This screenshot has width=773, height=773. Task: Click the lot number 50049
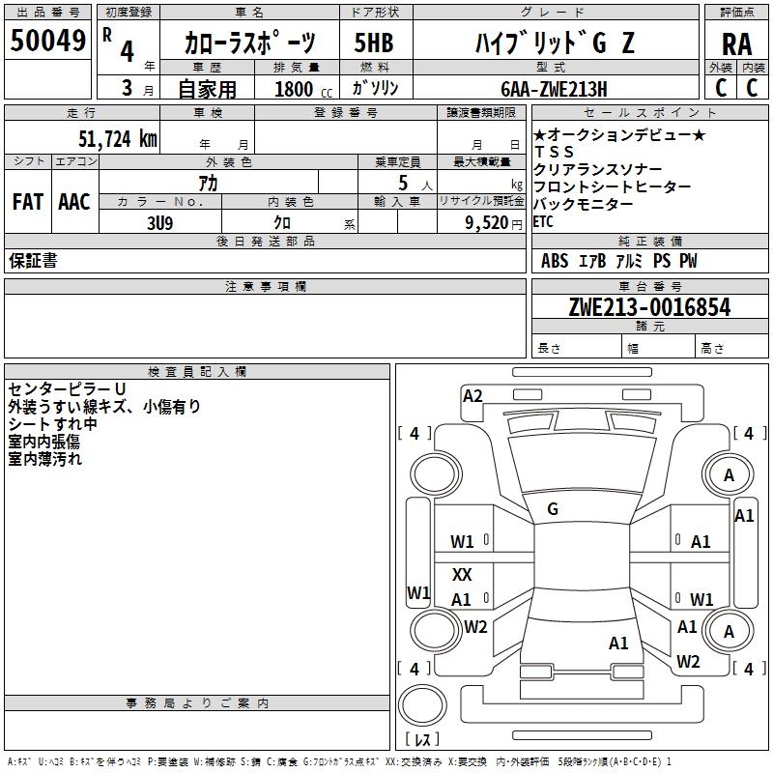tap(47, 41)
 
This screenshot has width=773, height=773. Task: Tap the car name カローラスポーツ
tap(249, 43)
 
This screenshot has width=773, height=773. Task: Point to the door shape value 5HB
tap(374, 43)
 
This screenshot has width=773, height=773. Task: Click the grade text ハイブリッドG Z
tap(555, 43)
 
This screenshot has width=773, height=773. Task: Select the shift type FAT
tap(28, 202)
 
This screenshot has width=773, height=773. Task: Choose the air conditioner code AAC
tap(74, 202)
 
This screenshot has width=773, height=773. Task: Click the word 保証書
tap(33, 261)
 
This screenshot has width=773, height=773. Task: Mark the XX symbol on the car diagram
tap(462, 575)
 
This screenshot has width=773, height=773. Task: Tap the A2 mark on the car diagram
tap(472, 395)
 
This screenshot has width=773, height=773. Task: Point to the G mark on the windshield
tap(553, 509)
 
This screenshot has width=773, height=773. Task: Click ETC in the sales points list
tap(543, 222)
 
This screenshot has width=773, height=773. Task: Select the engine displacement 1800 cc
tap(300, 89)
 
